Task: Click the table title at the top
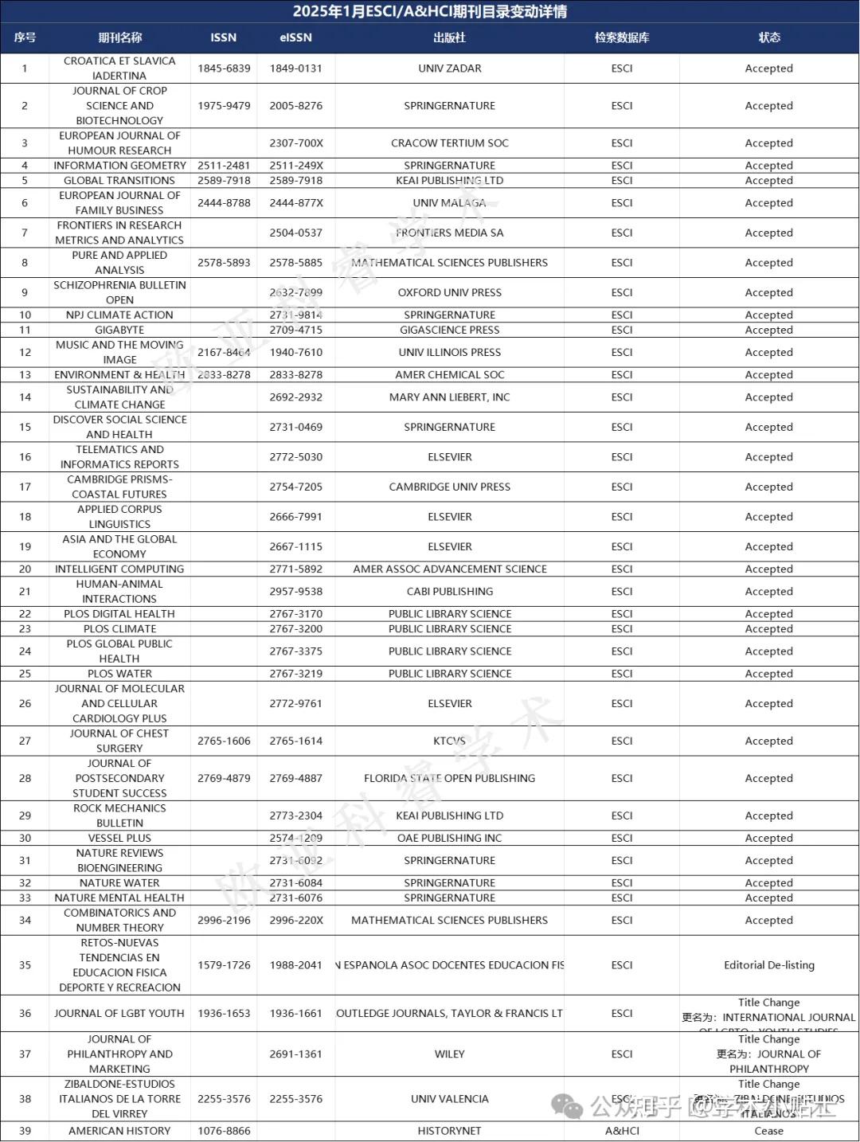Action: point(429,11)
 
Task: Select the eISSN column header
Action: point(295,37)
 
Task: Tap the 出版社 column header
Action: point(449,37)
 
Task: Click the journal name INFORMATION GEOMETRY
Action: point(119,166)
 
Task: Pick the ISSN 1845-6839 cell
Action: point(224,68)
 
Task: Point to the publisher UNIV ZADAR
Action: point(449,68)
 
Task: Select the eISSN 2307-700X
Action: point(295,143)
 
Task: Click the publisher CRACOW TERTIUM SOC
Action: point(449,143)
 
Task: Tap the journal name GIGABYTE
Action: point(119,330)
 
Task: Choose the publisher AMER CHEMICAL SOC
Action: point(449,375)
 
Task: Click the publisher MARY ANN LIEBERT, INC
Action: point(449,397)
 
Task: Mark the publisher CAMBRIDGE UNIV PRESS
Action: point(449,487)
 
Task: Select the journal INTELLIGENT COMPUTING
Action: point(119,569)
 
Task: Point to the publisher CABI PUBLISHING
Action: point(449,592)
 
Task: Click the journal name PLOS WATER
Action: point(119,674)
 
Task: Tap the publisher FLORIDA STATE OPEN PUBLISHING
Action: point(449,778)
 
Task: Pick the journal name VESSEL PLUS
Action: point(119,838)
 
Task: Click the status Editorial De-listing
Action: point(768,965)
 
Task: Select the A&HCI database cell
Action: point(622,1131)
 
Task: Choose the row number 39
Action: point(25,1131)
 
